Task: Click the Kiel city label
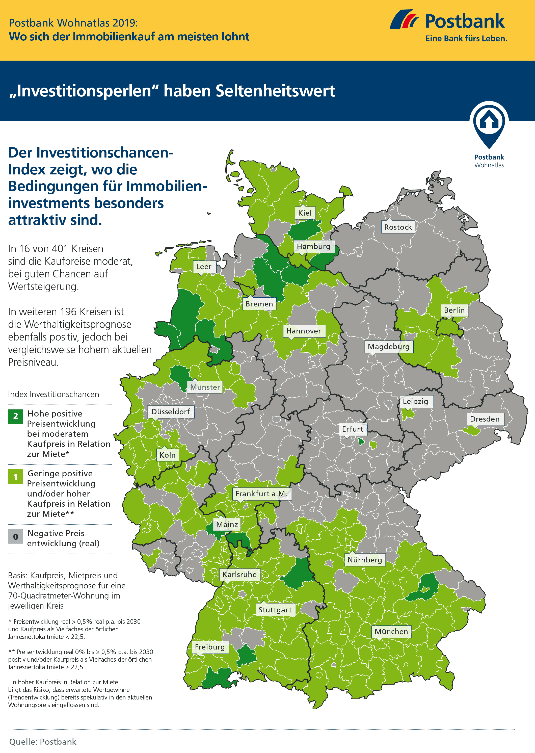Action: [x=305, y=213]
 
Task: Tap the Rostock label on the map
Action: [x=398, y=227]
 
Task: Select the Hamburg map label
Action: [x=313, y=246]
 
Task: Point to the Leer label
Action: [x=204, y=266]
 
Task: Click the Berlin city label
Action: [x=454, y=310]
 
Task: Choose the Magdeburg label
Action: [x=388, y=346]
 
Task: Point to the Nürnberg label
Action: [x=364, y=560]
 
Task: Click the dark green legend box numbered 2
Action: [x=15, y=416]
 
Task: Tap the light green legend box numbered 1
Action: [x=15, y=477]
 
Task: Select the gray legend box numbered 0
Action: [x=15, y=536]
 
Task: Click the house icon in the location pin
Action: [x=489, y=121]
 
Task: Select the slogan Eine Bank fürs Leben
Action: [x=466, y=39]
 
